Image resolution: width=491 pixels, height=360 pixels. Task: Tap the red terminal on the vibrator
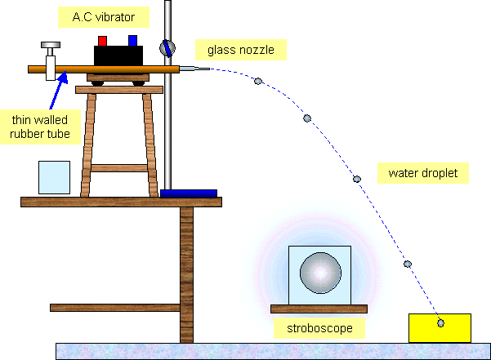pyautogui.click(x=103, y=40)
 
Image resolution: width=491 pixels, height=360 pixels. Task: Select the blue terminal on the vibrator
pyautogui.click(x=132, y=39)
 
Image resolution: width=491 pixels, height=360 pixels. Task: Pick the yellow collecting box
pyautogui.click(x=440, y=328)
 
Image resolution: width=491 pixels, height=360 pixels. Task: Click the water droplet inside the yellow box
pyautogui.click(x=441, y=323)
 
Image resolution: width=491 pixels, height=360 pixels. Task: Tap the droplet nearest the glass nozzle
pyautogui.click(x=258, y=81)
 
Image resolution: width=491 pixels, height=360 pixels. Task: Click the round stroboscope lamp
pyautogui.click(x=319, y=273)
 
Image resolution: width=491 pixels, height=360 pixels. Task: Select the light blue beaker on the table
pyautogui.click(x=55, y=177)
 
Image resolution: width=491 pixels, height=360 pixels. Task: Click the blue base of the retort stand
pyautogui.click(x=189, y=193)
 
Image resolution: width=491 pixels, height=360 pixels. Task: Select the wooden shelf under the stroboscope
pyautogui.click(x=319, y=308)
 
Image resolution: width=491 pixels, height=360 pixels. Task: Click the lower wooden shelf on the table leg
pyautogui.click(x=114, y=307)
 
